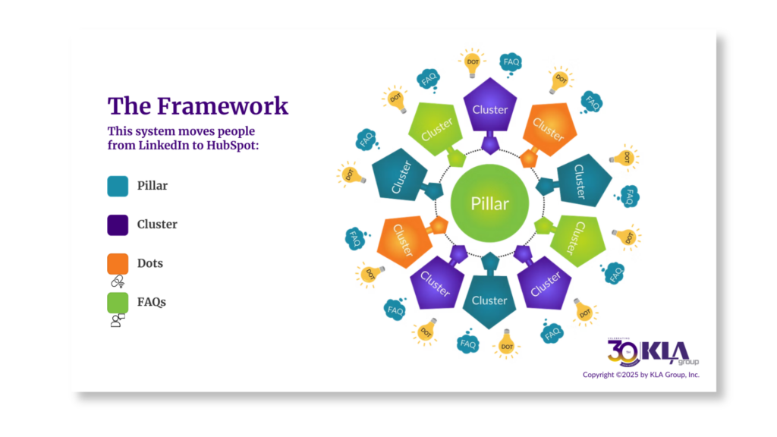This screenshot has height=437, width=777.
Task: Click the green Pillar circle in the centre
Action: (489, 203)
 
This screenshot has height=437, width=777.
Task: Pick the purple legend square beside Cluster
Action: (118, 225)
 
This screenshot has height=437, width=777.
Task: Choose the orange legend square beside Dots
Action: (118, 263)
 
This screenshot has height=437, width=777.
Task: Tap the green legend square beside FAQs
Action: (118, 302)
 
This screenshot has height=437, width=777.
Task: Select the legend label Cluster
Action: (157, 225)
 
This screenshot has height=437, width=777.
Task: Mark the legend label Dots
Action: (150, 263)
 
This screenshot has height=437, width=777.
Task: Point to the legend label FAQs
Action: (152, 302)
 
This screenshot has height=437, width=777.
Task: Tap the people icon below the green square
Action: (118, 320)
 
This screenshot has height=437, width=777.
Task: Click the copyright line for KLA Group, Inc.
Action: (640, 375)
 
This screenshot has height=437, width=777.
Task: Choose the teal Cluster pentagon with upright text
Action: (489, 300)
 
